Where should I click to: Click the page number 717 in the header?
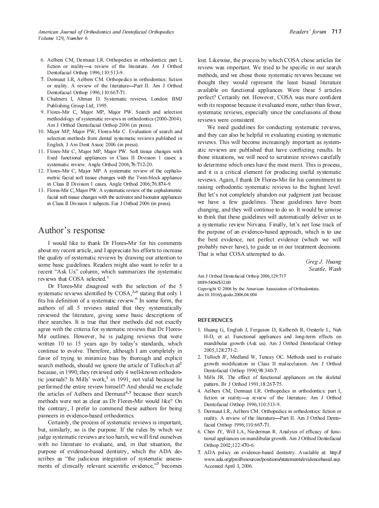(336, 32)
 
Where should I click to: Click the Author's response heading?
(71, 230)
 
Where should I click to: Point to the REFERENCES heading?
(215, 320)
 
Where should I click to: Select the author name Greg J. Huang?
(323, 262)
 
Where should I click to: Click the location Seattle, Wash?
(325, 269)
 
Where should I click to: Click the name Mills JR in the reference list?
(214, 377)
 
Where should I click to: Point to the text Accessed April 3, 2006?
(228, 465)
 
